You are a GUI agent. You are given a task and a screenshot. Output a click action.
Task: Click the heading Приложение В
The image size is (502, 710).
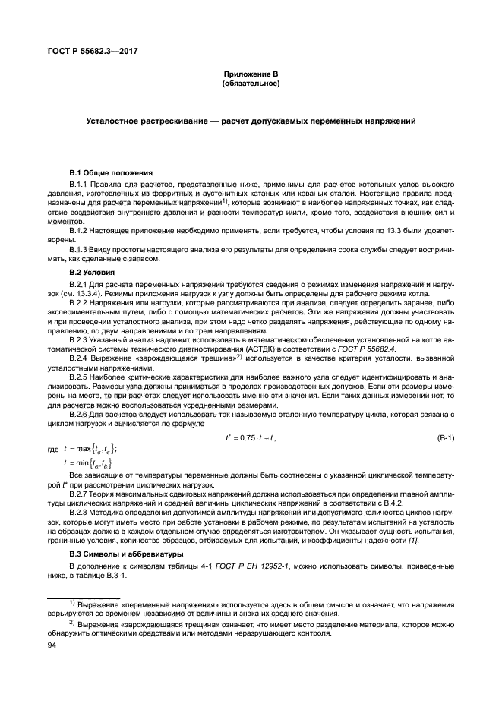click(251, 74)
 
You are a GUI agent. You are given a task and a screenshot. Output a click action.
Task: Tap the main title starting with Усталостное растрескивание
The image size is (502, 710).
click(251, 121)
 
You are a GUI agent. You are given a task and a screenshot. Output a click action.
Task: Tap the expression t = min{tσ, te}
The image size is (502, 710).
click(90, 462)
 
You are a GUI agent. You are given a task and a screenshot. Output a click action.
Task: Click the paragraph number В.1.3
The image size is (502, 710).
click(82, 249)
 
